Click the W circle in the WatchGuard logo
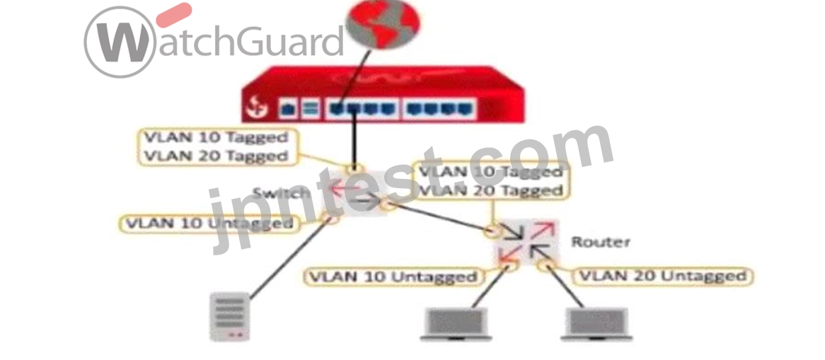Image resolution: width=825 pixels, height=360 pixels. pyautogui.click(x=120, y=42)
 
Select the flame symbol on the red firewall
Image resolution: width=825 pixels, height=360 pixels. pyautogui.click(x=258, y=108)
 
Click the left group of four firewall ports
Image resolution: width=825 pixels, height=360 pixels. pyautogui.click(x=362, y=109)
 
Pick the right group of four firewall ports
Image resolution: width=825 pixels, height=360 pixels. pyautogui.click(x=439, y=109)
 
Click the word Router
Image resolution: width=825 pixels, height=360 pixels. pyautogui.click(x=601, y=242)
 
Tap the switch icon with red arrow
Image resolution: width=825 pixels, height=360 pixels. pyautogui.click(x=352, y=192)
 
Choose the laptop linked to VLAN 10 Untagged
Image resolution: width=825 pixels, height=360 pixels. pyautogui.click(x=456, y=324)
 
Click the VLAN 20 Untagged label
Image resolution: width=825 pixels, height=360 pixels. pyautogui.click(x=663, y=277)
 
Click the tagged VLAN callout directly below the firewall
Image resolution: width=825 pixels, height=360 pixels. pyautogui.click(x=217, y=147)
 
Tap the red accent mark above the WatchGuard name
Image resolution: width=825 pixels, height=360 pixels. pyautogui.click(x=174, y=15)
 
